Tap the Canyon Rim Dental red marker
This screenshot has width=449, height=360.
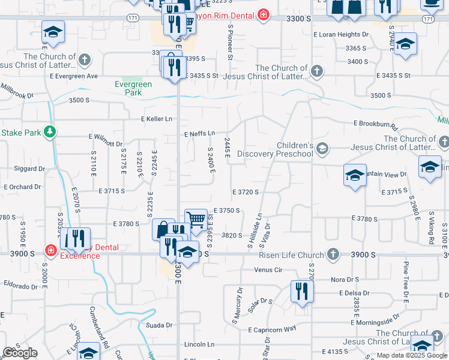click(x=263, y=15)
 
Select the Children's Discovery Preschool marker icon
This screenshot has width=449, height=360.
click(x=323, y=148)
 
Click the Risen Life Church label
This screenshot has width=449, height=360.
click(x=283, y=254)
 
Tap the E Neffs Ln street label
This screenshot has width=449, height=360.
click(x=199, y=133)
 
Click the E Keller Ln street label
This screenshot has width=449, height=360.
click(x=157, y=119)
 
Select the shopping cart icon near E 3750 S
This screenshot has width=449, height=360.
click(x=196, y=220)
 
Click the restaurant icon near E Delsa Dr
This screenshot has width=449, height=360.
click(x=302, y=291)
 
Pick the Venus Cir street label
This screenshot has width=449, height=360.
click(x=268, y=270)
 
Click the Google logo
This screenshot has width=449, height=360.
click(x=20, y=352)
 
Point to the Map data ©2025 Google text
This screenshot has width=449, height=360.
click(x=412, y=356)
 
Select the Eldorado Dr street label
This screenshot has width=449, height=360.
click(x=21, y=280)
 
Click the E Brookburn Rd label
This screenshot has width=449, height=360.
click(x=376, y=124)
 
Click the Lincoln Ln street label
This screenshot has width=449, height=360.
click(x=199, y=344)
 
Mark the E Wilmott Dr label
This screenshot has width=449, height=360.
click(x=106, y=144)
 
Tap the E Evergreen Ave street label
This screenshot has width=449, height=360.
click(x=74, y=76)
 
